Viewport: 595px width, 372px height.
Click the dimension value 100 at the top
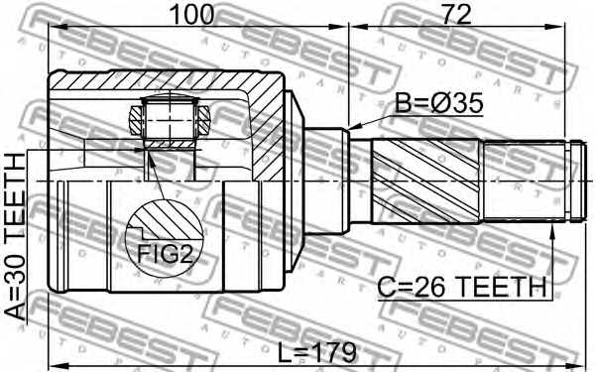pos(192,15)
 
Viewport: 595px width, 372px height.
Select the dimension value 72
pos(456,15)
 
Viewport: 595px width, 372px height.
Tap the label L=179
pos(316,352)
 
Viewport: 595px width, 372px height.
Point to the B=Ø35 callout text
pos(439,103)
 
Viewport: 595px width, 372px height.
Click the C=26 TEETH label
pos(462,287)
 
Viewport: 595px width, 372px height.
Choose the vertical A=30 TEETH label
pos(15,237)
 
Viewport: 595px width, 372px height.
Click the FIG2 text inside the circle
pos(165,254)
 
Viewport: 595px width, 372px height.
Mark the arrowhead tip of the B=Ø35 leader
pos(349,129)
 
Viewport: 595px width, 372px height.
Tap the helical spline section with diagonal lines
pos(426,181)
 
